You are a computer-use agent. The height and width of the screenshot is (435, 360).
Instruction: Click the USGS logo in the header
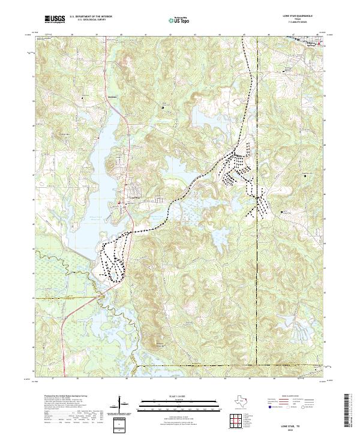point(55,19)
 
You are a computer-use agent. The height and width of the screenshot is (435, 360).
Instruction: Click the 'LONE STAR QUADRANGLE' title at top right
point(301,15)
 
